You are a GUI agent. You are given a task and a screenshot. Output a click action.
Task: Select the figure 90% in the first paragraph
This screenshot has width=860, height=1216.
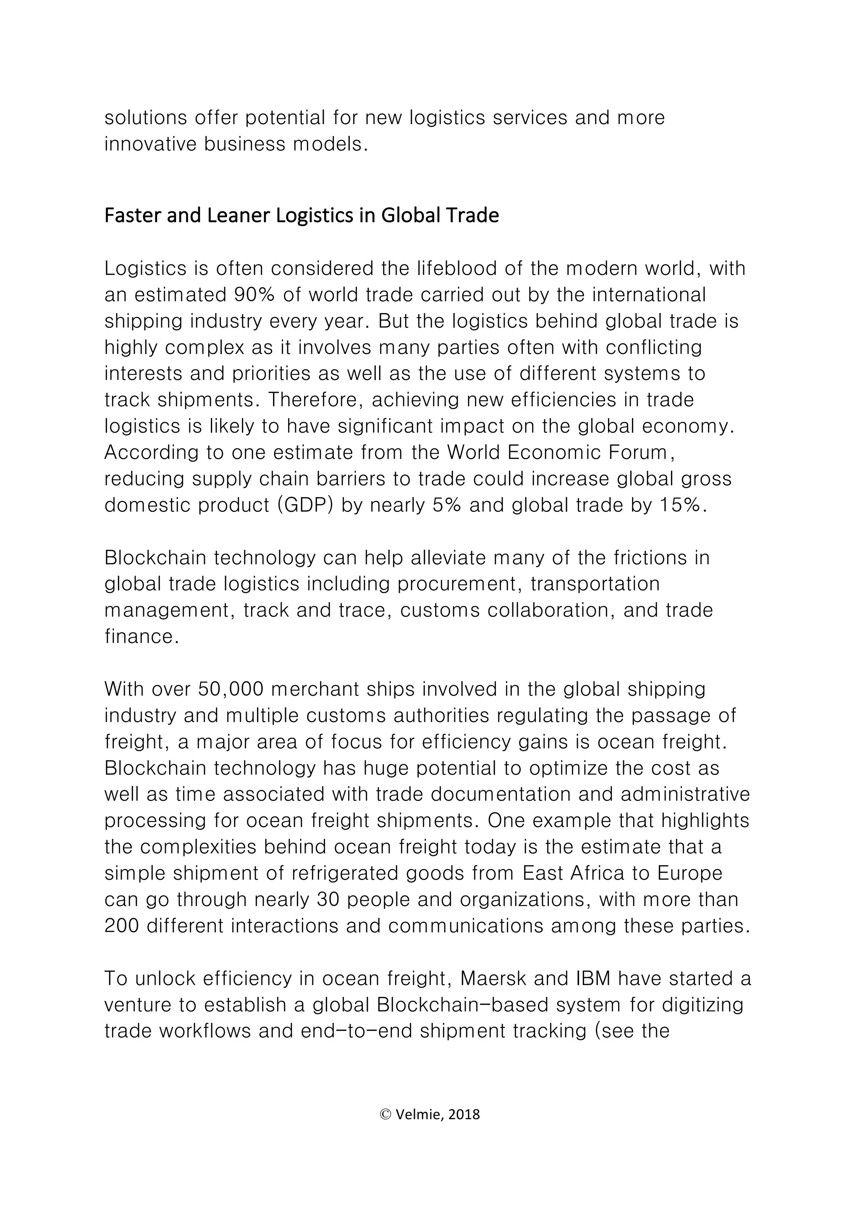(x=254, y=295)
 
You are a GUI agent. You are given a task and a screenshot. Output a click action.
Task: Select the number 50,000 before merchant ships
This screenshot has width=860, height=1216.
(x=231, y=689)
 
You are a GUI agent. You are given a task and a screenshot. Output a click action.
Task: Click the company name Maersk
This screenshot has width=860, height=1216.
(x=493, y=978)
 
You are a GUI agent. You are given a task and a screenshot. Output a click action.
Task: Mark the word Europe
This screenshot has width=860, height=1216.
(x=690, y=873)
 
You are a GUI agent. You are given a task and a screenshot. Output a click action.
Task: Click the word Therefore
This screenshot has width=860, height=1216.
(x=314, y=400)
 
